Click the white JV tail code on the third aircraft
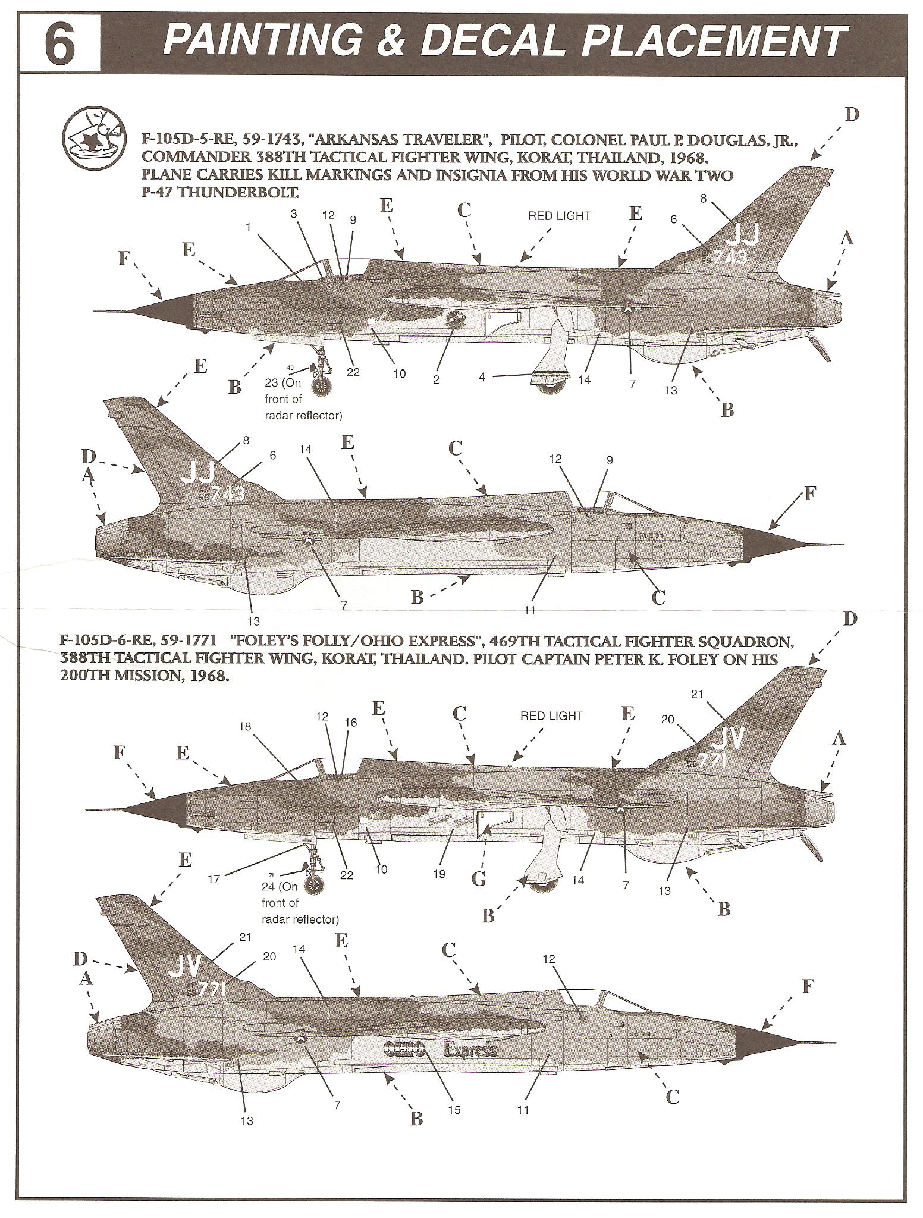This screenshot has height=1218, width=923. [727, 739]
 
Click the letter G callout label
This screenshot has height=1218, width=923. [479, 878]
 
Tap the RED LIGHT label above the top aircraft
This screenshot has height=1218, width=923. [559, 216]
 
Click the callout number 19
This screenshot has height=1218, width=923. [439, 874]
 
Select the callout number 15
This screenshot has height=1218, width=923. [454, 1110]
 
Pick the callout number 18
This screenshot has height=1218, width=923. [245, 727]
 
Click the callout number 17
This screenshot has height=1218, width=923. [215, 878]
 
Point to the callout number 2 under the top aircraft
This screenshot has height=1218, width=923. [436, 380]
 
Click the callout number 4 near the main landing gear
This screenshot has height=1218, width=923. [482, 376]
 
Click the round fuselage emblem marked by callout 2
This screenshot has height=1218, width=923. [456, 320]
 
